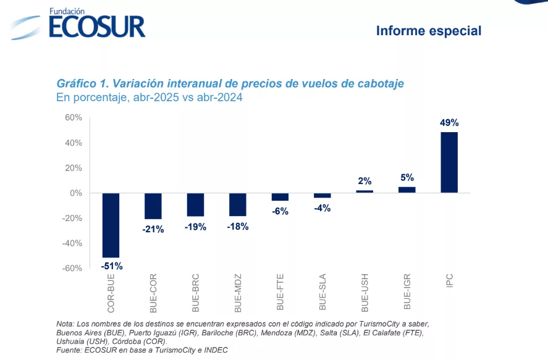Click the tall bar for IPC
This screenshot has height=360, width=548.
coord(449,162)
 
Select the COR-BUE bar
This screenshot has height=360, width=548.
coord(111,225)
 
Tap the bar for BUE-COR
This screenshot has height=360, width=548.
coord(153,206)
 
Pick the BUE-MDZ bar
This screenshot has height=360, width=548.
coord(238,204)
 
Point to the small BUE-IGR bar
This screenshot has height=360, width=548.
coord(407,190)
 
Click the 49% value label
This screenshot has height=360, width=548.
coord(449,123)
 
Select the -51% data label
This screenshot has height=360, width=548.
coord(111,266)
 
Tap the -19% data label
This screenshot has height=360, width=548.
coord(195,227)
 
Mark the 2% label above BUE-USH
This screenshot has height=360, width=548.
coord(365,181)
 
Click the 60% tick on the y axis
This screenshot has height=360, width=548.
coord(74,117)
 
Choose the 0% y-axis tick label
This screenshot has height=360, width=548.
coord(76,193)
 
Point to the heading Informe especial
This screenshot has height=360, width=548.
coord(428,30)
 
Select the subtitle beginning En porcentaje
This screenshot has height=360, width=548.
coord(150,98)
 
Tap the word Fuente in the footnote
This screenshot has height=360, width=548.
coord(70,349)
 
